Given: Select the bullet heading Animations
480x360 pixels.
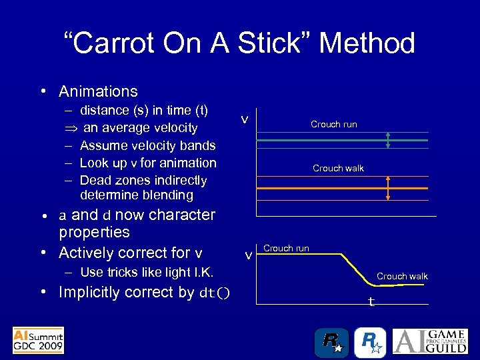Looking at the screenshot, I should (x=98, y=91).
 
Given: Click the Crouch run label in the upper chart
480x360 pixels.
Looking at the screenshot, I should (x=333, y=124).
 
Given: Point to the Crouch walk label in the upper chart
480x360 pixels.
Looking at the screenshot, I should (x=338, y=168).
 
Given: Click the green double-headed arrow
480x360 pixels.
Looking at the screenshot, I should (x=388, y=141).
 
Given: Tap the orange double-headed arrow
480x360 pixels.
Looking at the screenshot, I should (x=388, y=189).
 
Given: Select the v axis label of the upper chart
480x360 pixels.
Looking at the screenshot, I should (x=245, y=119).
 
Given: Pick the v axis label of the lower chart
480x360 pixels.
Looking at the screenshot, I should (x=248, y=255).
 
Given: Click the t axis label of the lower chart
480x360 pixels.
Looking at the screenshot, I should (x=371, y=302).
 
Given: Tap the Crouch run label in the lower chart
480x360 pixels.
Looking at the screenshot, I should (x=286, y=248).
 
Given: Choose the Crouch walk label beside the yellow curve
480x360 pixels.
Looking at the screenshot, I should (x=402, y=276).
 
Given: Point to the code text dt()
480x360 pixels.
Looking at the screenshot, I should (x=215, y=293).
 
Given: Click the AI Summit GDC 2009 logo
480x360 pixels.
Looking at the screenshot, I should (x=38, y=340).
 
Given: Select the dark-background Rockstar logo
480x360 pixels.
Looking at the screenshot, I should (x=331, y=342).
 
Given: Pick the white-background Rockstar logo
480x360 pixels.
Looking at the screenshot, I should (x=369, y=342).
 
